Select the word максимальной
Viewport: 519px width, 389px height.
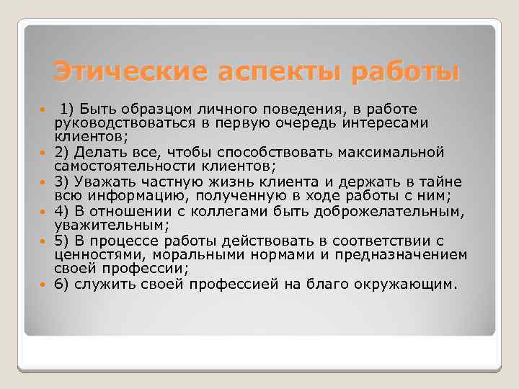coord(410,152)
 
